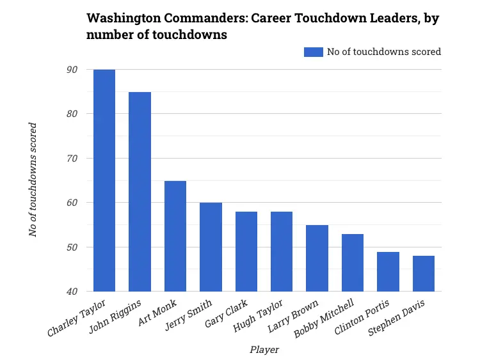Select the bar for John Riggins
click(x=140, y=192)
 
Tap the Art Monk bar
click(x=175, y=236)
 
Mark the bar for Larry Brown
click(x=317, y=258)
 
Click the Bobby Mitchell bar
click(x=353, y=263)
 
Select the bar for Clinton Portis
click(x=388, y=272)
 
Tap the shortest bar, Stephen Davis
click(x=424, y=274)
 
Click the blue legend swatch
click(x=314, y=52)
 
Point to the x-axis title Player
click(x=264, y=350)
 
